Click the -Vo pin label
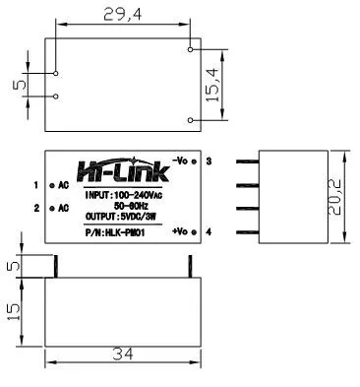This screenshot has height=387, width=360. coord(180,160)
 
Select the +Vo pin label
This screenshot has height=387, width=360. coord(180,229)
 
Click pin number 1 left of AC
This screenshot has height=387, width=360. coord(36,184)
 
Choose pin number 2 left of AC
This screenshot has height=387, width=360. coord(36,208)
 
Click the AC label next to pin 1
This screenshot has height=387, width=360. coord(63,184)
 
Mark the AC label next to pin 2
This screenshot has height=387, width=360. coord(63,208)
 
